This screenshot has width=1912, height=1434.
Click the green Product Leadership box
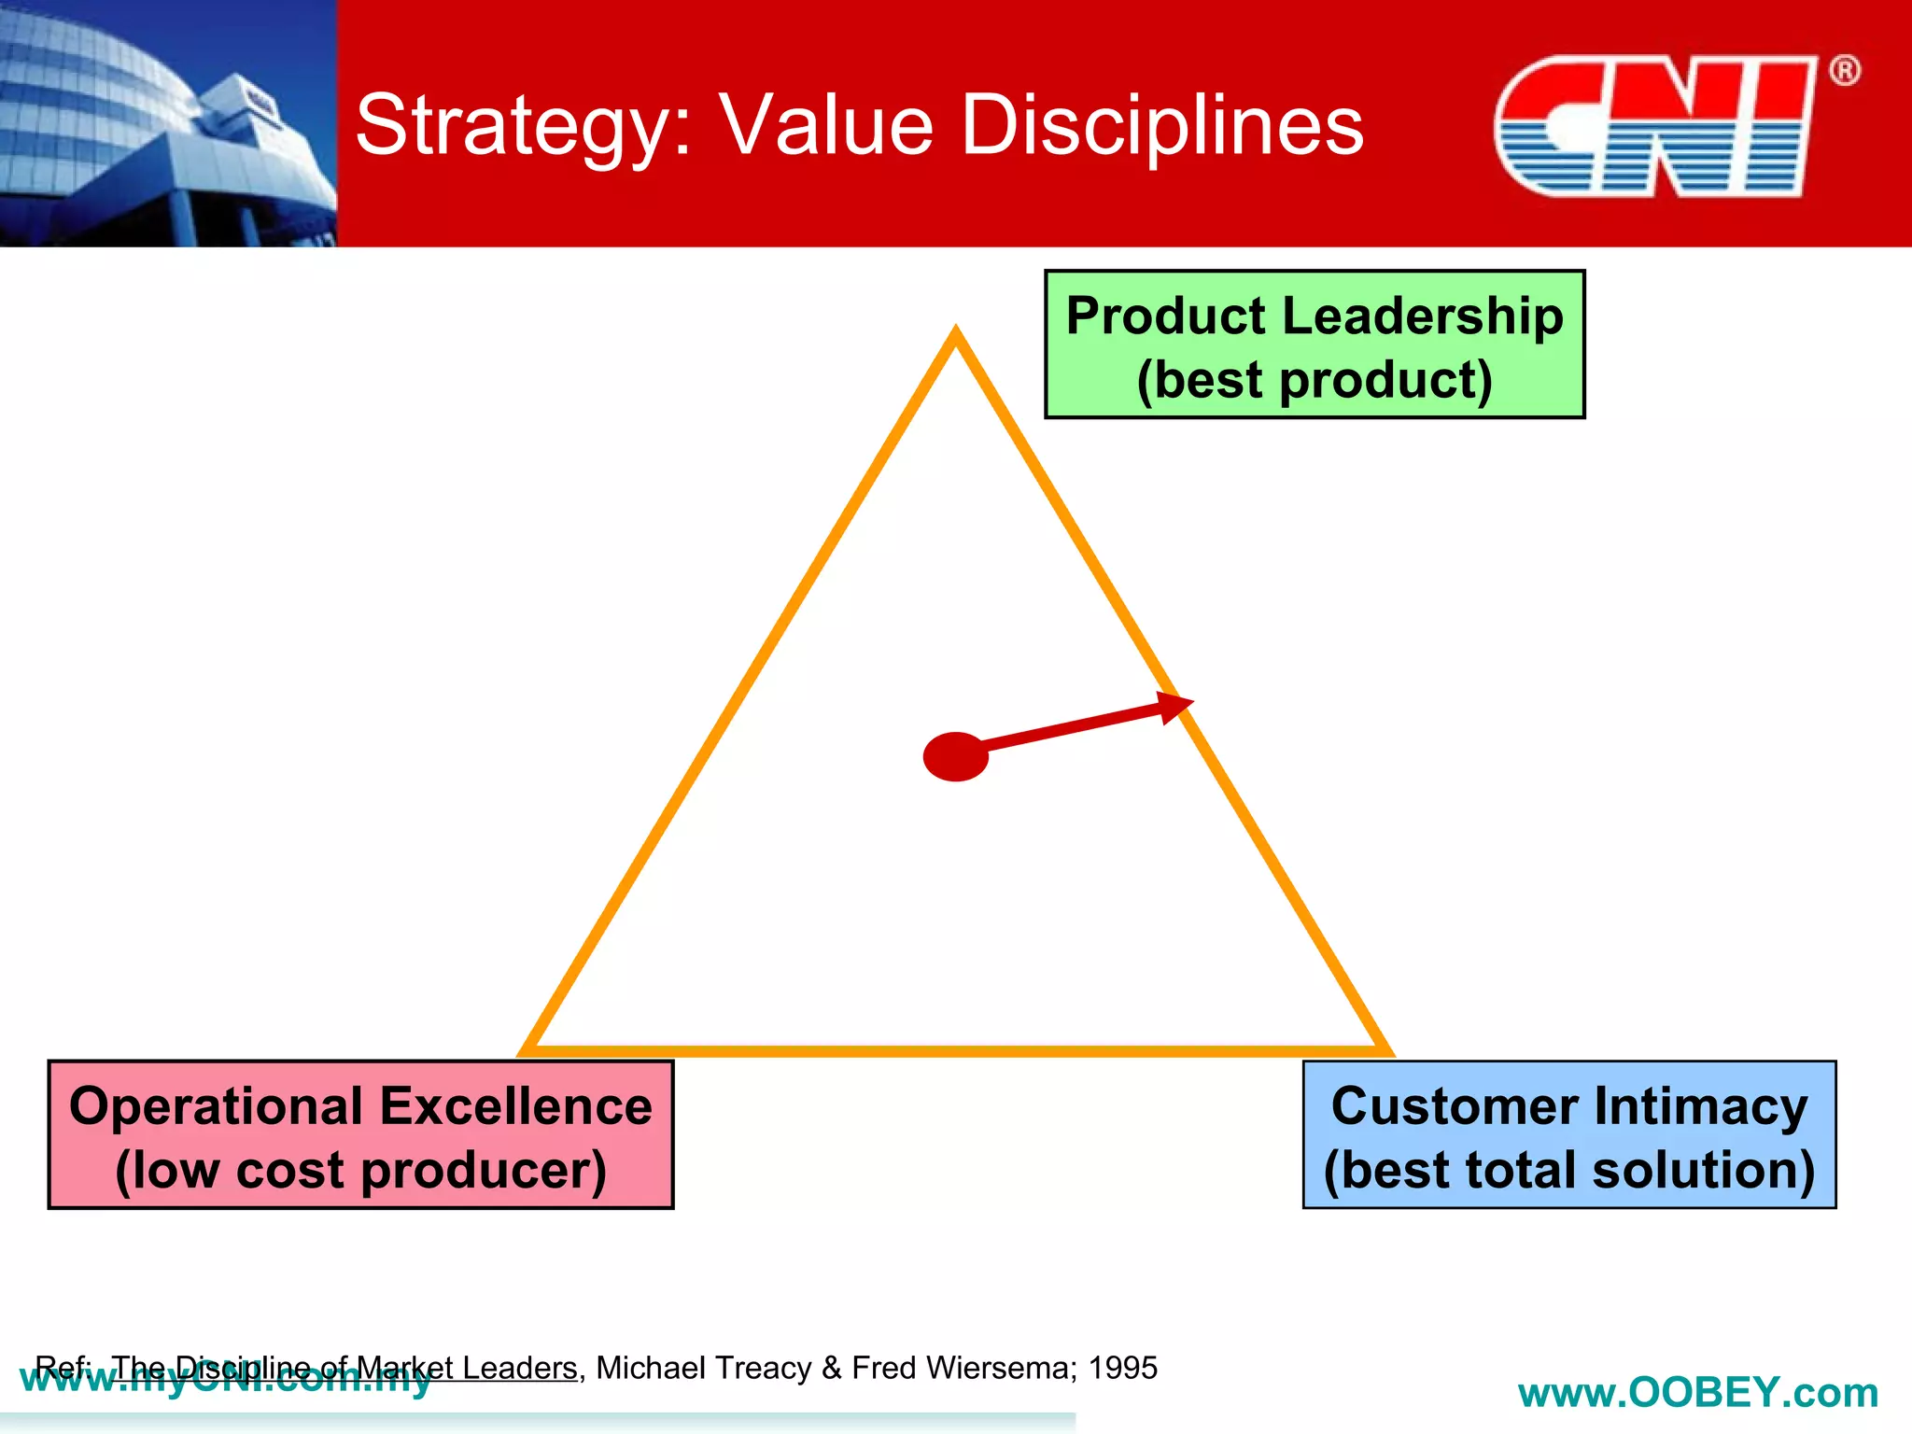(1314, 344)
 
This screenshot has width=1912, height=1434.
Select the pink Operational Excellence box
(360, 1134)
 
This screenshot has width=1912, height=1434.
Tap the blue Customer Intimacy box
(1569, 1134)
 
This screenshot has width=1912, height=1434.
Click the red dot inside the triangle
(955, 756)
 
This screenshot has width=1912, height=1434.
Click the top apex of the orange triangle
(955, 330)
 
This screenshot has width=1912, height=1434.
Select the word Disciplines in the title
(1161, 126)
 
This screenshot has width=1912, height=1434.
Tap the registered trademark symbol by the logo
(1844, 71)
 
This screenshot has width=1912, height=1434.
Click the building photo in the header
(168, 123)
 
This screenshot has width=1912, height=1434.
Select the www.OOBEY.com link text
(1697, 1393)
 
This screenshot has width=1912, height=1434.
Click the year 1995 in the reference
(1123, 1368)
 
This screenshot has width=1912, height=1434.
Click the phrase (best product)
(1314, 380)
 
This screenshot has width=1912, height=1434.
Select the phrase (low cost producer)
(360, 1170)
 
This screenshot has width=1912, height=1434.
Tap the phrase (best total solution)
(1569, 1170)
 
